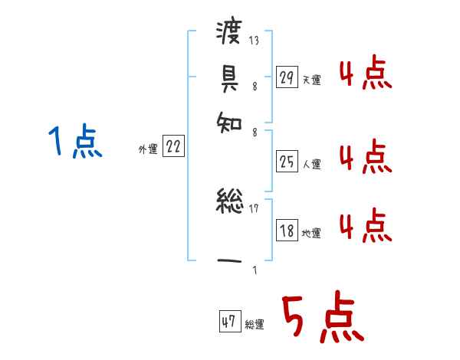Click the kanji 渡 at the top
pos(229,33)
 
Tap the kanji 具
pos(229,76)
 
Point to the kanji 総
pos(229,204)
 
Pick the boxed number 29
pos(287,77)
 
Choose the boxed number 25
pos(287,162)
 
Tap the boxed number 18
pos(287,231)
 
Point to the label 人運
pos(311,164)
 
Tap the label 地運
pos(311,234)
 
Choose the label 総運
pos(255,325)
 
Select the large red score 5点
pos(321,319)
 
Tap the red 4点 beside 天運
pos(365,75)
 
